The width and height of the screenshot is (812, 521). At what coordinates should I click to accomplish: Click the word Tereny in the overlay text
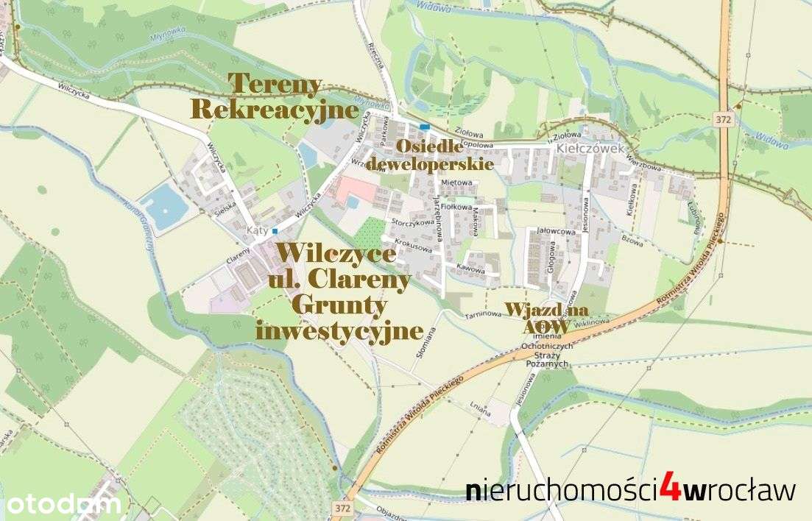276,85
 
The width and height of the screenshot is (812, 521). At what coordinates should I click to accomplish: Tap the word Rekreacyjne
275,110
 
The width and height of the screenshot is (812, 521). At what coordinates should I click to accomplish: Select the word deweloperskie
429,164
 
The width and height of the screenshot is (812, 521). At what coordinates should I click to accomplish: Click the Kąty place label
255,230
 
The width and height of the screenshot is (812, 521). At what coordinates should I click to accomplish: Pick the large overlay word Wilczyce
336,255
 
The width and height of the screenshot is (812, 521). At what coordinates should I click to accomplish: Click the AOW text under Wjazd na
546,326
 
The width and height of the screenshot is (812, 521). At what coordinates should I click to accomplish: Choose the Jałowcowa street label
556,230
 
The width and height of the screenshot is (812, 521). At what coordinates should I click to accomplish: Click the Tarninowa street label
483,313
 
